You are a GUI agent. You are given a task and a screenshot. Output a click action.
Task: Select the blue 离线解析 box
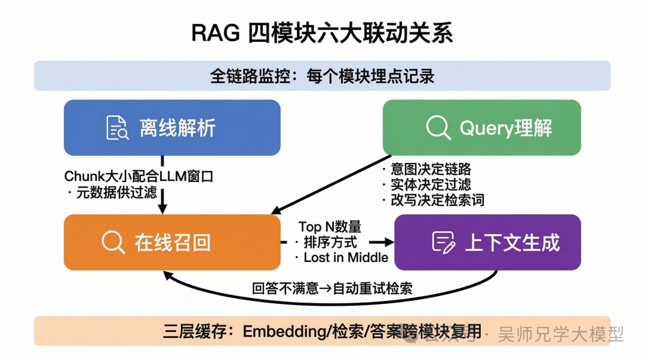[172, 128]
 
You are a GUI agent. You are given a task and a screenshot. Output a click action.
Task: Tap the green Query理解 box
[481, 128]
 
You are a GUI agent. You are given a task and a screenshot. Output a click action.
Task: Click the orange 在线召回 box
[172, 242]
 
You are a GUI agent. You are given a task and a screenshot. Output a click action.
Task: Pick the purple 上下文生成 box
[487, 242]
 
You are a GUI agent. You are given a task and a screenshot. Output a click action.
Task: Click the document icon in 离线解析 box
[117, 128]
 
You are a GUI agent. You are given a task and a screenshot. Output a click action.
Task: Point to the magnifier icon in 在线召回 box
[113, 242]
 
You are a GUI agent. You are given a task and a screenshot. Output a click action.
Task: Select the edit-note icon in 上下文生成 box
[443, 242]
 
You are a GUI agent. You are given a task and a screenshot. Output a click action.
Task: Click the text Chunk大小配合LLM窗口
[139, 177]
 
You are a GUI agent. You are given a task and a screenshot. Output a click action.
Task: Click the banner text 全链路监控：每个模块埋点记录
[322, 76]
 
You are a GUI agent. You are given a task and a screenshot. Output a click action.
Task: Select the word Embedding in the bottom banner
[279, 331]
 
